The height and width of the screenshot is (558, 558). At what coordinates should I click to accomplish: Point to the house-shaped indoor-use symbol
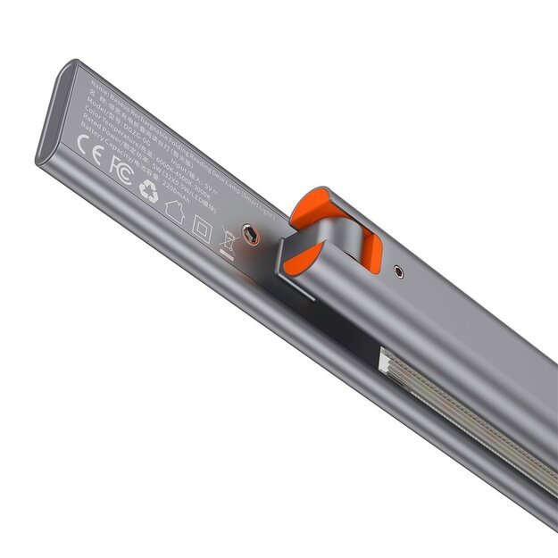click(174, 212)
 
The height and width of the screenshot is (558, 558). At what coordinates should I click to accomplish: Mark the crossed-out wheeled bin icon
click(229, 242)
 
